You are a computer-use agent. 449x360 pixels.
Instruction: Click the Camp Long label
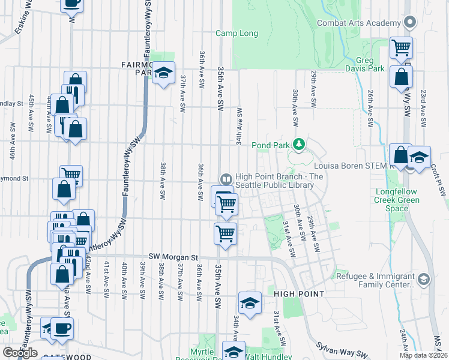point(237,34)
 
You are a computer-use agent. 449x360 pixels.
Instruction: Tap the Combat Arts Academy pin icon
point(411,23)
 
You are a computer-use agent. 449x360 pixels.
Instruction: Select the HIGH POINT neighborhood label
point(299,294)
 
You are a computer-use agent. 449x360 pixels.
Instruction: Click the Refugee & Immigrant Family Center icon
point(424,280)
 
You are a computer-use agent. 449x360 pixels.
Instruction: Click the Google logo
point(20,353)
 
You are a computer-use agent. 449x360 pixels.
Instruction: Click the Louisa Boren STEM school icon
point(419,157)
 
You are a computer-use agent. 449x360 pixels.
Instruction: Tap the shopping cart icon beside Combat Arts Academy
point(401,47)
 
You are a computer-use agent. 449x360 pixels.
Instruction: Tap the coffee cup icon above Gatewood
point(62,328)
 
